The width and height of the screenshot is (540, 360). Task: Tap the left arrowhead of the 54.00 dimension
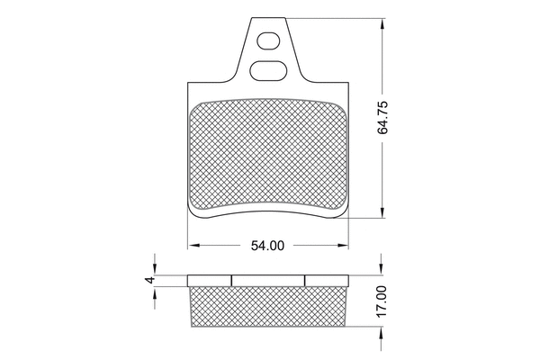[x=192, y=245]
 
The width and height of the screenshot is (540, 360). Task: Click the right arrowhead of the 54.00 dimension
[x=345, y=245]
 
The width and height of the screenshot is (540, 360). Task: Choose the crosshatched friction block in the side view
[x=267, y=307]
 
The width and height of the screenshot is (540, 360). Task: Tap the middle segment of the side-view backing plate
[x=267, y=280]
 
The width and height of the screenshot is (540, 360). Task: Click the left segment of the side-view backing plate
[x=209, y=280]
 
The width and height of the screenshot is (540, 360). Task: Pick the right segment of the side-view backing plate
[x=327, y=280]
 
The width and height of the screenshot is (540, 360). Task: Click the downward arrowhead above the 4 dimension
[x=154, y=268]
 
